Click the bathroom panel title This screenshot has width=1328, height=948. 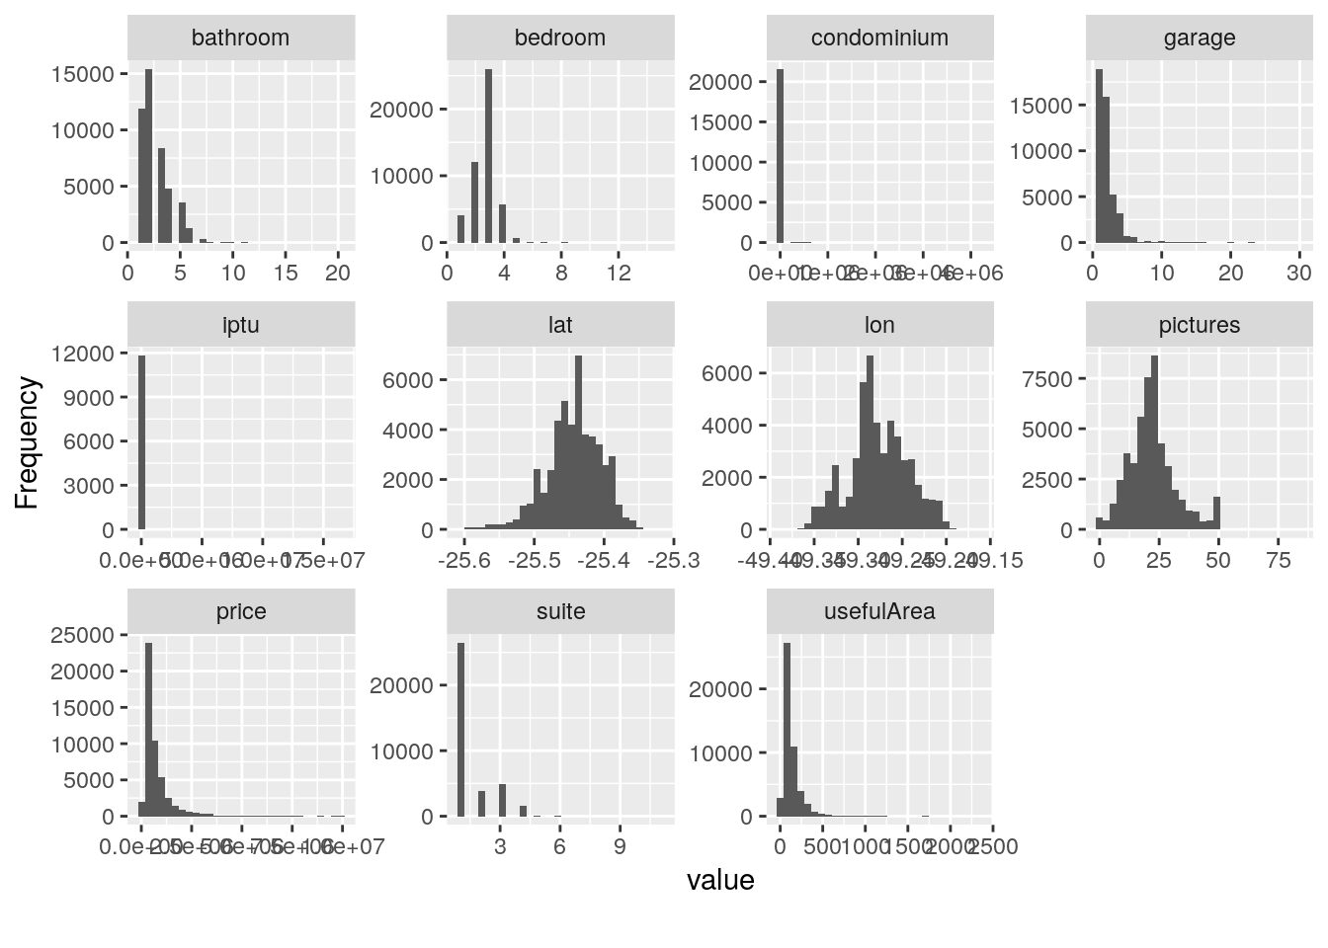(240, 39)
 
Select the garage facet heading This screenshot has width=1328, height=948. (1199, 39)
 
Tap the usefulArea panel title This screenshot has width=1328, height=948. (879, 612)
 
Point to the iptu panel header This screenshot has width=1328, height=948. (240, 326)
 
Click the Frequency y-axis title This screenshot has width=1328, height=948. (28, 443)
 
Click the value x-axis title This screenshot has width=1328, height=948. (720, 880)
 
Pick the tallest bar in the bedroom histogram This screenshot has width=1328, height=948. (488, 156)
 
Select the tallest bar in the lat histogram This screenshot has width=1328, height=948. (578, 442)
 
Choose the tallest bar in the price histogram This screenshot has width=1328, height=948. (148, 730)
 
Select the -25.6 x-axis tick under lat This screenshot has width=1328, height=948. (465, 561)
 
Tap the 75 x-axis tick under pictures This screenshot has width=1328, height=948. (1279, 561)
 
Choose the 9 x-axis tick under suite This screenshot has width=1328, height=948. (620, 847)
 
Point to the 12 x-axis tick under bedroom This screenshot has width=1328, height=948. (619, 274)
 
